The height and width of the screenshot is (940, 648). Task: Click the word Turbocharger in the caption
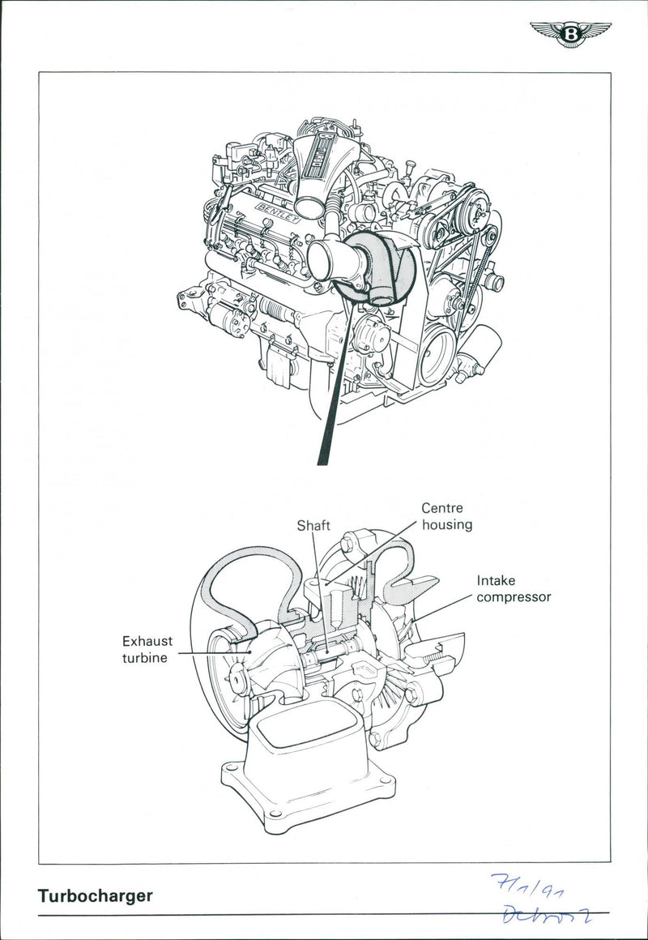point(94,896)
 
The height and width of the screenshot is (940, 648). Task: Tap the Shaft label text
point(313,525)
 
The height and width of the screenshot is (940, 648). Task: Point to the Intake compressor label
point(513,589)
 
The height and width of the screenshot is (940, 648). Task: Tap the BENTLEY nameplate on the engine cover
point(278,214)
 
